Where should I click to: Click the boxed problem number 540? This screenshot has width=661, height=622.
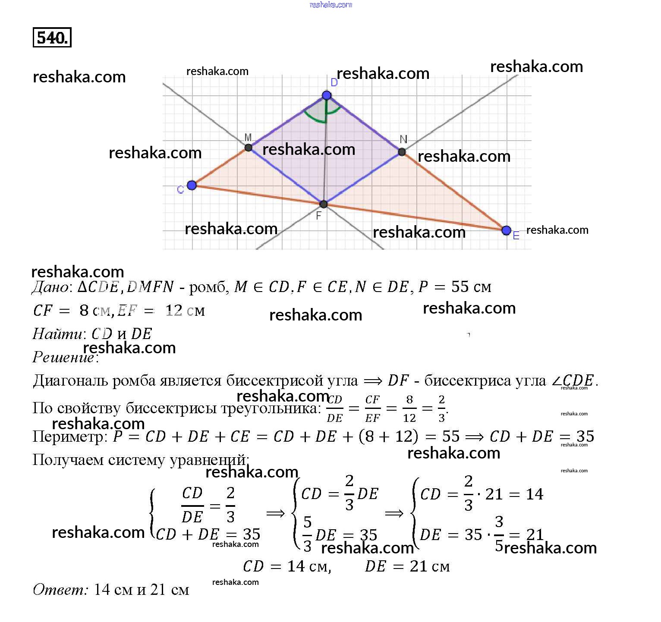52,38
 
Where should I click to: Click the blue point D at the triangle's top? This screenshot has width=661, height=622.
327,95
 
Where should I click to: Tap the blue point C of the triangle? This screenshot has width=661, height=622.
192,185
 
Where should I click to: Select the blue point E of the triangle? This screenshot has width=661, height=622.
507,230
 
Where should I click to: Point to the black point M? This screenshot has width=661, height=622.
249,148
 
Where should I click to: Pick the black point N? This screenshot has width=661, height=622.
402,152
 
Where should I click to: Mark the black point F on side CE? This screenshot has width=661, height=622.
324,204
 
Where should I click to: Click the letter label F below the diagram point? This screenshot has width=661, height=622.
319,216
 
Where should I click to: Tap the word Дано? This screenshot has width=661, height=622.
50,287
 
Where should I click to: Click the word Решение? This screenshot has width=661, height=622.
63,357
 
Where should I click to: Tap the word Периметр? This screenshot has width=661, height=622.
68,437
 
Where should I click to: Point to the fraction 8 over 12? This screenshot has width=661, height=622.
409,409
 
